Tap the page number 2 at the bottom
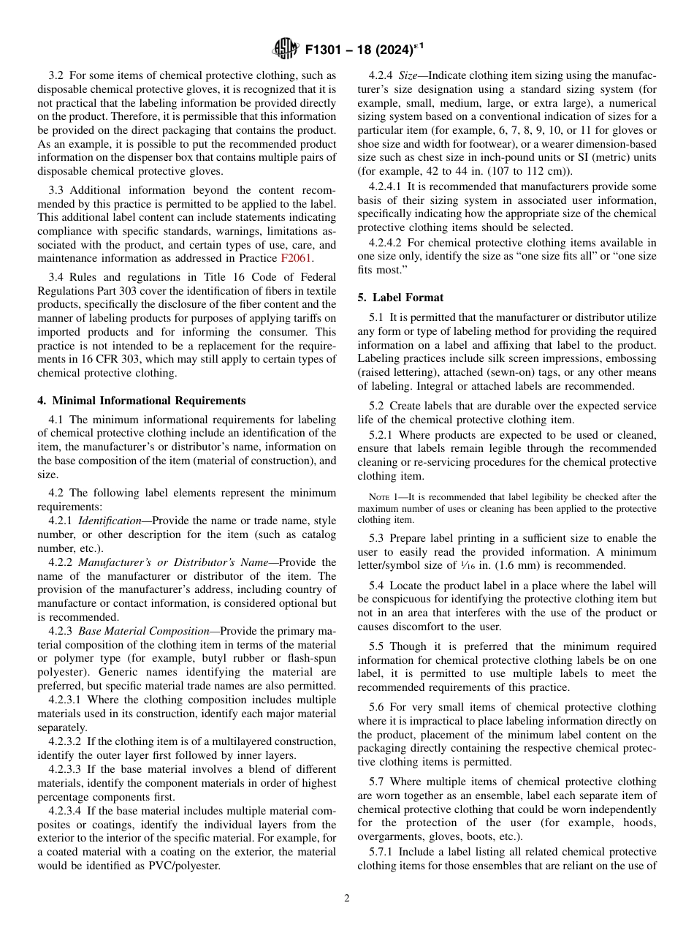[x=347, y=899]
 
